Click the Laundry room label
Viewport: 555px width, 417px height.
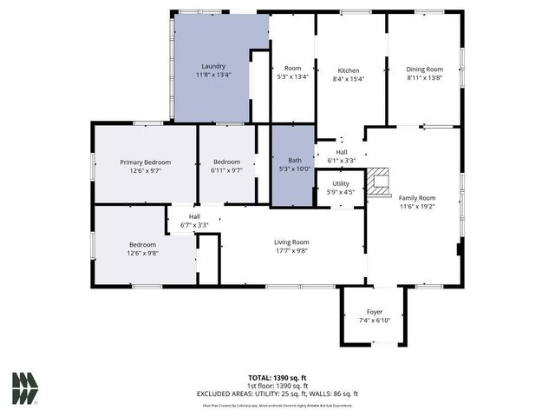pyautogui.click(x=213, y=66)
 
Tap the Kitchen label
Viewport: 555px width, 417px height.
pyautogui.click(x=348, y=70)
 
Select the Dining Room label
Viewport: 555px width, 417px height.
pyautogui.click(x=425, y=69)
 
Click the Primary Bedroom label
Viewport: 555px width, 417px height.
pyautogui.click(x=145, y=162)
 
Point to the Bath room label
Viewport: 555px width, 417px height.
pyautogui.click(x=294, y=160)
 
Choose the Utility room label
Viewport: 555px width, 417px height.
pyautogui.click(x=340, y=184)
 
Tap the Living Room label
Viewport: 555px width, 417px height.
pyautogui.click(x=291, y=242)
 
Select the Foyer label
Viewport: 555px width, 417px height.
pyautogui.click(x=374, y=311)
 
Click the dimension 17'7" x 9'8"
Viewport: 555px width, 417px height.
pyautogui.click(x=291, y=251)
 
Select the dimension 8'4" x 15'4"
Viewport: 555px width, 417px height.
pyautogui.click(x=348, y=79)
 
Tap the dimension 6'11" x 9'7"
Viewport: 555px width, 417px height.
pyautogui.click(x=226, y=171)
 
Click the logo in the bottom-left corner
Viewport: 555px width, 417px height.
pyautogui.click(x=25, y=387)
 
